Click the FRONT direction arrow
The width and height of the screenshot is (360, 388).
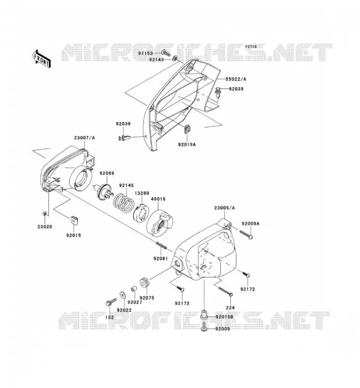click(x=41, y=59)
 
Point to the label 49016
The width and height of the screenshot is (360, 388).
click(x=158, y=199)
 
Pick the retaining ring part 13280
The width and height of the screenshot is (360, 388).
click(x=141, y=213)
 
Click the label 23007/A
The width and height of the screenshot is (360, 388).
click(x=84, y=138)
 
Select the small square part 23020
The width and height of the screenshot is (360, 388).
click(x=45, y=214)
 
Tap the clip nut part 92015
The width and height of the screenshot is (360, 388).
click(x=74, y=220)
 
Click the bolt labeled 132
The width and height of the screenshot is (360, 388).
click(x=111, y=302)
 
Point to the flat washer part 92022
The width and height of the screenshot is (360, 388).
click(x=123, y=295)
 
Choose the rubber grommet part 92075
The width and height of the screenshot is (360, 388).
click(x=145, y=283)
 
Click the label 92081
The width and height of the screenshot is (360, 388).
click(x=161, y=259)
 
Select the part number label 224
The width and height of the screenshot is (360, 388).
click(x=230, y=307)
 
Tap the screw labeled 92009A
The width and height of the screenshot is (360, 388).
click(x=246, y=235)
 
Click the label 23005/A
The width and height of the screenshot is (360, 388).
click(x=224, y=208)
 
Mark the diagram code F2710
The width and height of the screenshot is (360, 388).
click(x=251, y=47)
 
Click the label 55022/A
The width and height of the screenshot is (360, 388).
click(x=236, y=79)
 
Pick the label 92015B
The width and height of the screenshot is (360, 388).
click(x=224, y=317)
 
